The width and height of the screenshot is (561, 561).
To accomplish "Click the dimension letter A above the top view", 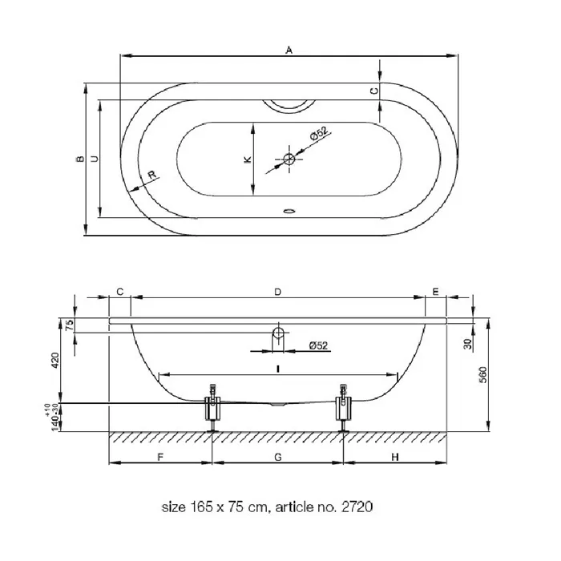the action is tap(289, 50).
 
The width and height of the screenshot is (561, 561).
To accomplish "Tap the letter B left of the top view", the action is tap(80, 159).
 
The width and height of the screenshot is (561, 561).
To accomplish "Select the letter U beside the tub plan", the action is tap(95, 159).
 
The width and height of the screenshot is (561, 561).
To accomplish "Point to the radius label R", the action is tap(152, 175).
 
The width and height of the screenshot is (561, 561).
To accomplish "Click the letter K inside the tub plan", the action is tap(247, 159).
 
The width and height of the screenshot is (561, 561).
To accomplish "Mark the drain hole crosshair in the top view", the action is tap(289, 159).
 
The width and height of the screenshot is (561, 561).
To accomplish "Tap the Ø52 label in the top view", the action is tap(318, 133).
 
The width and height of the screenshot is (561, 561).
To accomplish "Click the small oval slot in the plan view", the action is tap(289, 211).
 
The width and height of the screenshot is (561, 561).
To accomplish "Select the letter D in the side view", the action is tap(277, 292).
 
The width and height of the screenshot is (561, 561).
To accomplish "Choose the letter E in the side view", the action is tap(435, 292).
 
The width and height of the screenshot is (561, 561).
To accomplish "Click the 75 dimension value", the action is tap(71, 324).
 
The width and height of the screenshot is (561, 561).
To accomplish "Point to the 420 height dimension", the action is tap(55, 361).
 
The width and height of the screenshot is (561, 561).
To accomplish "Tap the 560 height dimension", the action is tap(482, 374).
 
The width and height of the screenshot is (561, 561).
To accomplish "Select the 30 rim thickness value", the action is tap(467, 344).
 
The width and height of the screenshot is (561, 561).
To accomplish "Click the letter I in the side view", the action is tap(278, 369).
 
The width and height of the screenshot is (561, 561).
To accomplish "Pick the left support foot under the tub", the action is tap(213, 408).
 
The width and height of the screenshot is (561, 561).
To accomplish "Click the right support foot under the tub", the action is tap(344, 408).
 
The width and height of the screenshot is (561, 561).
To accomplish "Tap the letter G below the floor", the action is tap(278, 457).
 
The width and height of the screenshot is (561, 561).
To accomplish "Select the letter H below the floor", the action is tap(394, 457).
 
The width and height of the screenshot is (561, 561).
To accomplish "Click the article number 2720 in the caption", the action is tap(357, 507).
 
